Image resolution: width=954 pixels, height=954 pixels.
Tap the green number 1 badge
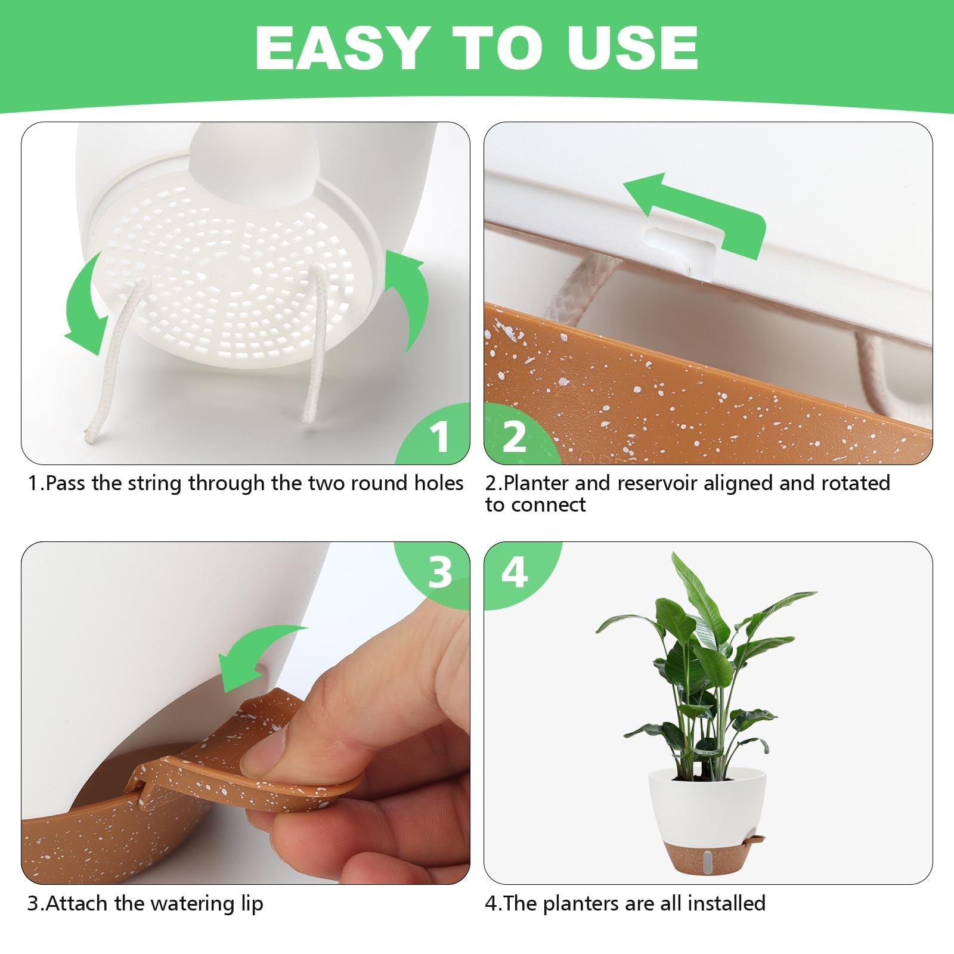coord(440,437)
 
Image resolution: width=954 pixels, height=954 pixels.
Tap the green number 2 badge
coord(514,437)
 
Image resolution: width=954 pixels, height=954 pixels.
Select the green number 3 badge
coord(440,572)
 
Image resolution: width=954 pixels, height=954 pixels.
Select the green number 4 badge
coord(514,572)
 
